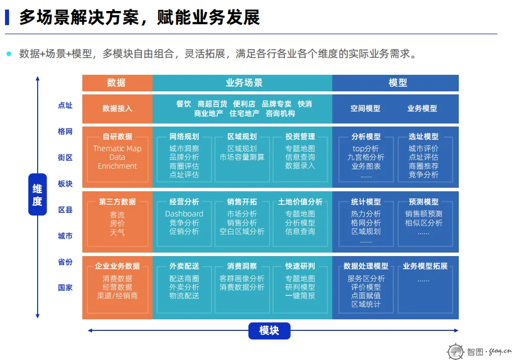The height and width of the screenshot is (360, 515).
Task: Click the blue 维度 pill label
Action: pos(37,194)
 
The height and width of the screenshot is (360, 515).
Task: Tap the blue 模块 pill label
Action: pos(269,330)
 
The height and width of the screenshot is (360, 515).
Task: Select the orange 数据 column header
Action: pos(117,83)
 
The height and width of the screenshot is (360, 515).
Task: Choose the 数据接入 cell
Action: pos(117,108)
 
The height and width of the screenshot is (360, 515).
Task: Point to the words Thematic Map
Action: pos(117,149)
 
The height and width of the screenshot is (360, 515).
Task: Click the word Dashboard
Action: pos(184,214)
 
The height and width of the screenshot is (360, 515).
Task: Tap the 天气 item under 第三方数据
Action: pos(117,232)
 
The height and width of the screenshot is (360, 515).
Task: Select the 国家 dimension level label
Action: pos(65,288)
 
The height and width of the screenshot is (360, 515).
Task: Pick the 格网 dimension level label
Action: pos(65,132)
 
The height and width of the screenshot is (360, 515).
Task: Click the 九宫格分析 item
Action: pos(366,157)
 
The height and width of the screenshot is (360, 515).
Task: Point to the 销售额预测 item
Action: pos(424,214)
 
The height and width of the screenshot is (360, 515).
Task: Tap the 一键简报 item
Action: pos(300,296)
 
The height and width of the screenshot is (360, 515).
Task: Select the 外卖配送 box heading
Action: pos(184,266)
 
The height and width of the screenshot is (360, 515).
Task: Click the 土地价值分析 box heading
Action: pos(300,202)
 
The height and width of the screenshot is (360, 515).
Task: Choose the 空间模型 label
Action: pos(365,108)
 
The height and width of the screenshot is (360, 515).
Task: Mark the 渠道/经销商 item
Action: pos(117,296)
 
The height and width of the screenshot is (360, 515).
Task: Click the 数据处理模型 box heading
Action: pos(366,266)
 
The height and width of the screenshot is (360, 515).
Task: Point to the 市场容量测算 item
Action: pos(242,157)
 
